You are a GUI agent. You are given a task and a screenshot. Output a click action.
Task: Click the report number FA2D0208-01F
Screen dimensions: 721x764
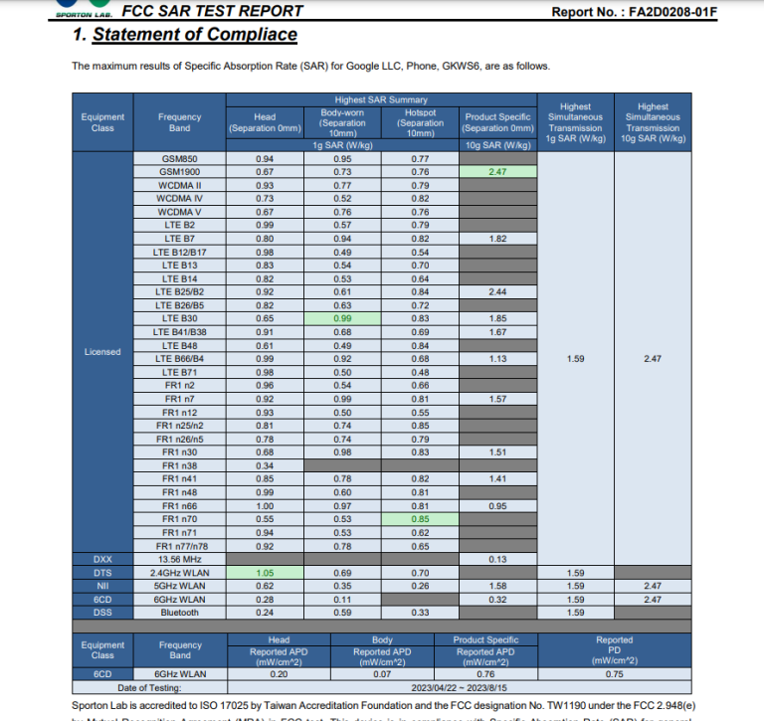pyautogui.click(x=681, y=12)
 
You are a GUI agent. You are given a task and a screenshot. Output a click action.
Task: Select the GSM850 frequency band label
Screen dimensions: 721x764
pyautogui.click(x=179, y=159)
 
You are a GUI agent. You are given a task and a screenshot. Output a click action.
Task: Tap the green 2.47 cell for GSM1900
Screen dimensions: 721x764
pyautogui.click(x=498, y=172)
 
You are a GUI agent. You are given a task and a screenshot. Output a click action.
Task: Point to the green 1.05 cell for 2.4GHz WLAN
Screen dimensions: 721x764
pyautogui.click(x=265, y=573)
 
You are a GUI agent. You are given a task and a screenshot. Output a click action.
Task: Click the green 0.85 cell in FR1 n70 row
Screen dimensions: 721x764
pyautogui.click(x=421, y=519)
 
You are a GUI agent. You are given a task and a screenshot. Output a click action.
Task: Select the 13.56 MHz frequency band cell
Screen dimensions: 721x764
pyautogui.click(x=179, y=560)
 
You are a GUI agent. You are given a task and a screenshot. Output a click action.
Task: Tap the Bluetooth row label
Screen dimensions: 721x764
pyautogui.click(x=179, y=613)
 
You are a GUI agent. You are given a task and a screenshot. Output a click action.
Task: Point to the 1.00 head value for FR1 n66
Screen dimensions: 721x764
pyautogui.click(x=265, y=506)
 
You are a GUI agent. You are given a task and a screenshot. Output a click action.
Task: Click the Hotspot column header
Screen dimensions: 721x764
pyautogui.click(x=421, y=122)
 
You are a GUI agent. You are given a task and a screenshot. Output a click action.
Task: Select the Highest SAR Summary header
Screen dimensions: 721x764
pyautogui.click(x=381, y=100)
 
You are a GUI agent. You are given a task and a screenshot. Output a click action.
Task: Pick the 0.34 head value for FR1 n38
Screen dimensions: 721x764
pyautogui.click(x=265, y=465)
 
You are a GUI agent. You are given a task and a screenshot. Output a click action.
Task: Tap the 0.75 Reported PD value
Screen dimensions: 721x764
pyautogui.click(x=614, y=673)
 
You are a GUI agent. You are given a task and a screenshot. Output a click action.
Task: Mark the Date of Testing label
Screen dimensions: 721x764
pyautogui.click(x=148, y=686)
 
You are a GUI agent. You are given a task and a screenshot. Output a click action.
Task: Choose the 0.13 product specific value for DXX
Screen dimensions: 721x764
pyautogui.click(x=498, y=560)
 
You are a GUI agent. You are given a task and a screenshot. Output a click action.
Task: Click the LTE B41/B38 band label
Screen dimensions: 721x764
pyautogui.click(x=179, y=331)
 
